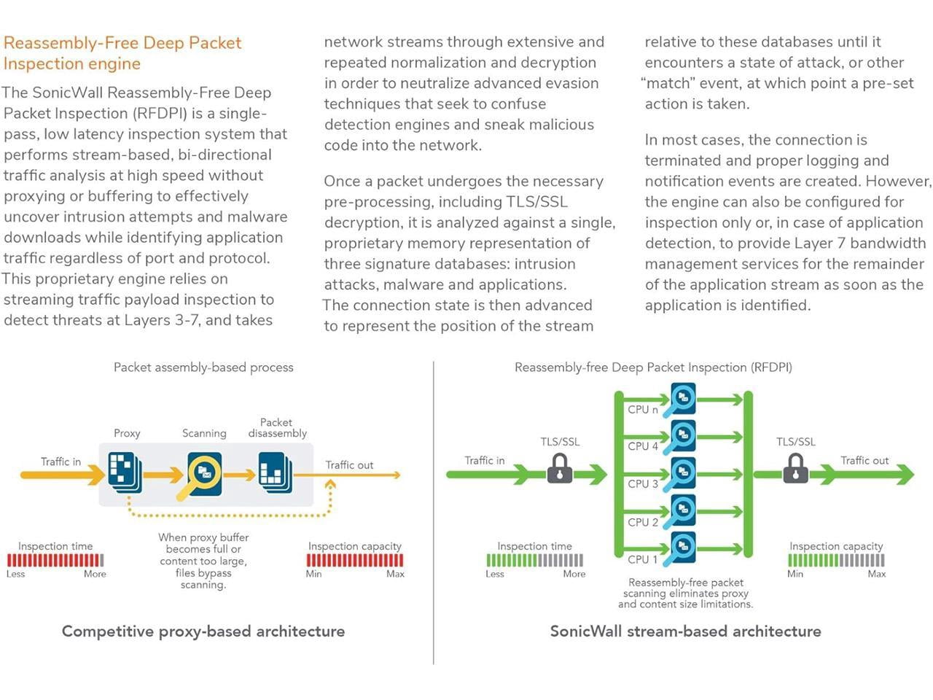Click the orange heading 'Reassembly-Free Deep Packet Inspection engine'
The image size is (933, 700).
tap(122, 52)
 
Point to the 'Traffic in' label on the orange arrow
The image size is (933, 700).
tap(60, 462)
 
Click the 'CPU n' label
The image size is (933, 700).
tap(642, 410)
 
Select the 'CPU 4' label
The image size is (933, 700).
tap(642, 446)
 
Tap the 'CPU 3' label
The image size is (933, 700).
tap(642, 484)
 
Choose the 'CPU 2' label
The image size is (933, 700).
tap(642, 522)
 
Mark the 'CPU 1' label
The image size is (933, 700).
tap(642, 559)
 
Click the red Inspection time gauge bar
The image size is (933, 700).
tap(55, 560)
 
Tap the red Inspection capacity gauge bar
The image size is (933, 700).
tap(355, 560)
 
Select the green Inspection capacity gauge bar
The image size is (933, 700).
tap(836, 560)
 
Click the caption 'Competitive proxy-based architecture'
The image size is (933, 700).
tap(203, 631)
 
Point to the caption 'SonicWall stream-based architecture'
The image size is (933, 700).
tap(685, 631)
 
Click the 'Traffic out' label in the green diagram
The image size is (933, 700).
tap(864, 461)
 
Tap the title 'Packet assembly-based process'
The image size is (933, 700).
tap(203, 367)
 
